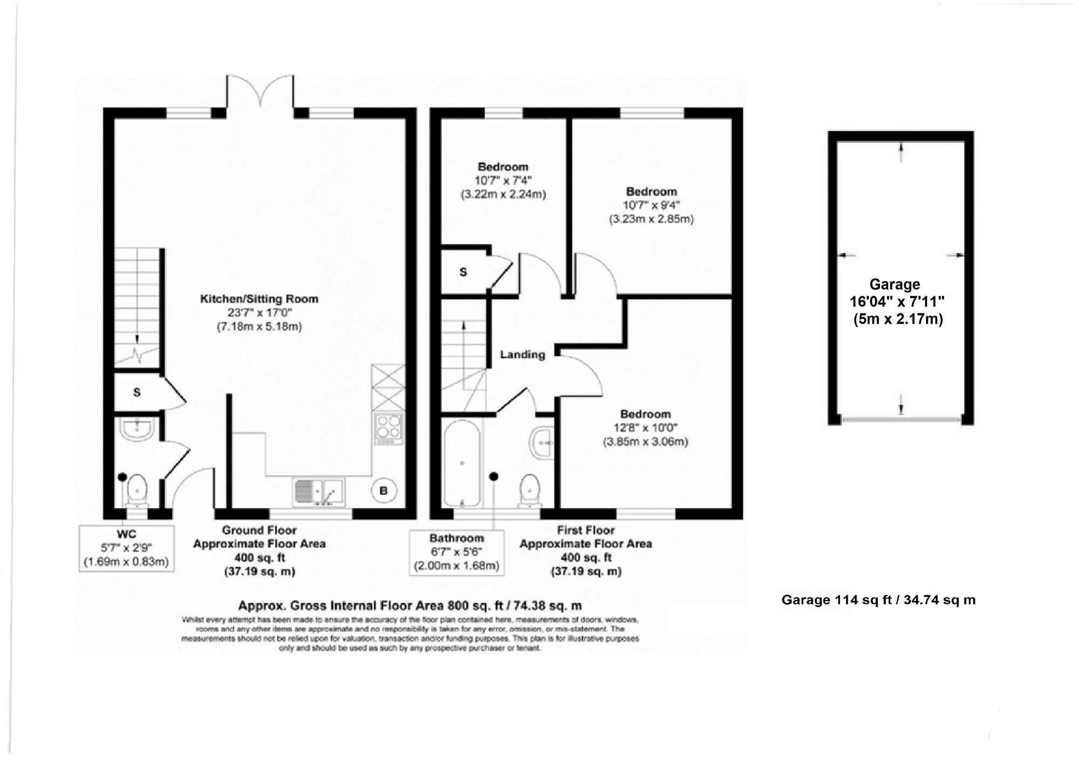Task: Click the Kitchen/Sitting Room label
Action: tap(259, 299)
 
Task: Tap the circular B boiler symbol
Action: tap(384, 491)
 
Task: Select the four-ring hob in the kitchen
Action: tap(389, 428)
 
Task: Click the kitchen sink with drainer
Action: tap(319, 492)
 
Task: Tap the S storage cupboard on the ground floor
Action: tap(137, 392)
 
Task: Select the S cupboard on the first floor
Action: tap(463, 272)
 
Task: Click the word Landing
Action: tap(522, 355)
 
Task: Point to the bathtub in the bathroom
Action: tap(462, 463)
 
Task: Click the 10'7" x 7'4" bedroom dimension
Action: tap(503, 181)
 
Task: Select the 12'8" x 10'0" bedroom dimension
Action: tap(645, 428)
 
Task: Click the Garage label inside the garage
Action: tap(894, 284)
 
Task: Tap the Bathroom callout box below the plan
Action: tap(456, 553)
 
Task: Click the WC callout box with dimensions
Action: tap(126, 548)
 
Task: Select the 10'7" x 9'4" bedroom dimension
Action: tap(652, 205)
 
